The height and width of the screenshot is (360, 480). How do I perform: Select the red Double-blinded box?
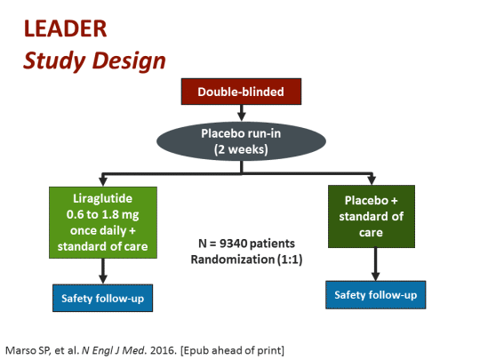[x=239, y=92]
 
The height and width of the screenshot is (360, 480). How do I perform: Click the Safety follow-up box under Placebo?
[x=373, y=294]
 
